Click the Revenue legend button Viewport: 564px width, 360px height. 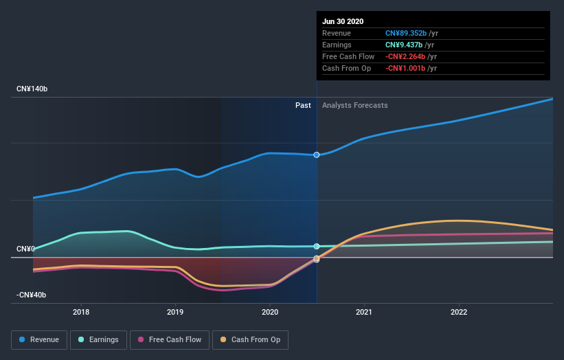[x=40, y=339]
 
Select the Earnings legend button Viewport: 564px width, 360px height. [x=98, y=339]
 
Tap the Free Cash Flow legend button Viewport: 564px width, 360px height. [x=169, y=339]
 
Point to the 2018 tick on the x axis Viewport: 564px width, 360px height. [x=81, y=312]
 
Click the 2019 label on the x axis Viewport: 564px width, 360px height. [x=175, y=312]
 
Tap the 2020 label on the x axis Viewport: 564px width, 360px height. [x=270, y=312]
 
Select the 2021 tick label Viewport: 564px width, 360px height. [x=364, y=312]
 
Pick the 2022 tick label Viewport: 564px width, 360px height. [x=458, y=312]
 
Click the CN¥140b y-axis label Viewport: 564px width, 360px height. [x=32, y=89]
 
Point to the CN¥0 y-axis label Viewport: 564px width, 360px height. [x=26, y=249]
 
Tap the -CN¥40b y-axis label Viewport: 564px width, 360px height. [x=32, y=295]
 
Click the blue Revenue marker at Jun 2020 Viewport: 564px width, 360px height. [x=317, y=155]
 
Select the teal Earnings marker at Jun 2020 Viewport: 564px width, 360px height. [x=317, y=246]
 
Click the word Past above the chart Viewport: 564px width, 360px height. [x=303, y=106]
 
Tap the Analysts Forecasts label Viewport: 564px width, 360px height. [x=354, y=106]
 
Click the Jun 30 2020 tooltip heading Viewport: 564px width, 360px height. [x=343, y=21]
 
